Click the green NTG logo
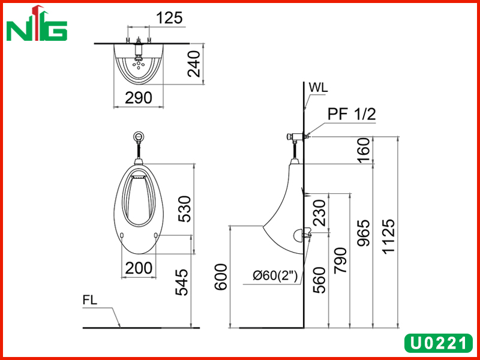coord(37,23)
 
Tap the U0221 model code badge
coord(438,343)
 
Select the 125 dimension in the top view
coord(169,18)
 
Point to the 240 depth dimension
coord(194,64)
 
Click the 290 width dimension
coord(139,98)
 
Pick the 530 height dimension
coord(185,209)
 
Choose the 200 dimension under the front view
coord(139,268)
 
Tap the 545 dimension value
coord(182,282)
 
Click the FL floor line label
coord(89,300)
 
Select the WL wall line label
coord(318,88)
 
